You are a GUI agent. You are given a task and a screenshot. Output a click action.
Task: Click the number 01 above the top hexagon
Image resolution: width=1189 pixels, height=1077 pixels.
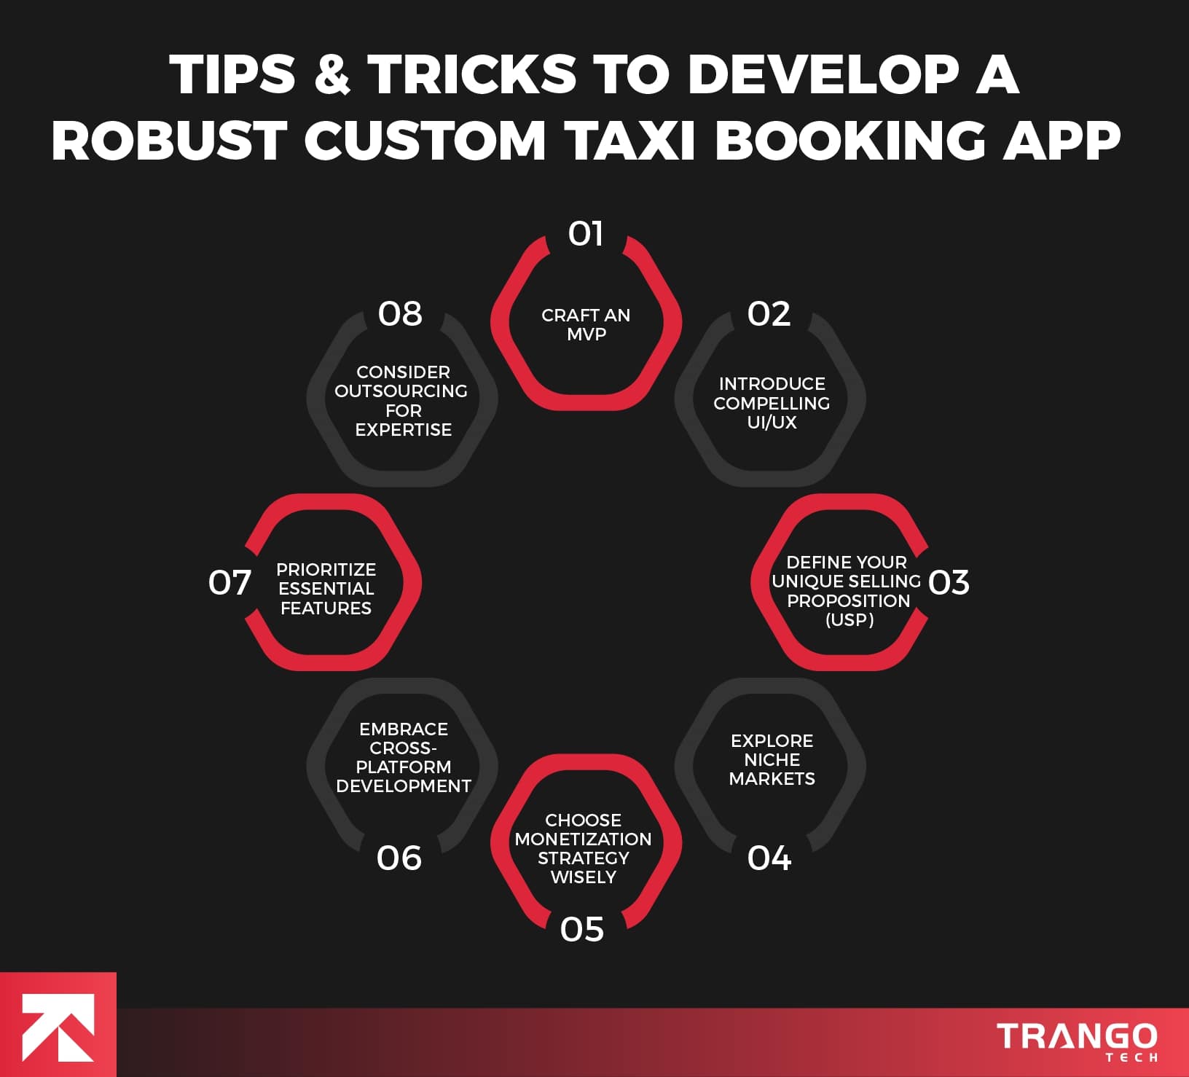pyautogui.click(x=586, y=235)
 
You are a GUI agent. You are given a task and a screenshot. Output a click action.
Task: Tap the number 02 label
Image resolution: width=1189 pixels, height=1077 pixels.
pyautogui.click(x=769, y=314)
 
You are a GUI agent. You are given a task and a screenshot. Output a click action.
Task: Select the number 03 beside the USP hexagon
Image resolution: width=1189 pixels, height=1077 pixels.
pyautogui.click(x=949, y=583)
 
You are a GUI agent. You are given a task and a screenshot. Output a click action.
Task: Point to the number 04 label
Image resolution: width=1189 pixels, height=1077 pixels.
pyautogui.click(x=769, y=858)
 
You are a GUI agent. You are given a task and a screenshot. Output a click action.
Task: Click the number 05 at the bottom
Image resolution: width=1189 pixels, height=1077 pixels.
pyautogui.click(x=582, y=930)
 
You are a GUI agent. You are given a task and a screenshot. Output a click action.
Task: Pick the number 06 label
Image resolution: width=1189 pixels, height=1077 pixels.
pyautogui.click(x=399, y=858)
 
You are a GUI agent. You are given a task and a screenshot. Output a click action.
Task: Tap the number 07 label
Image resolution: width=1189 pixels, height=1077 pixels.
pyautogui.click(x=229, y=583)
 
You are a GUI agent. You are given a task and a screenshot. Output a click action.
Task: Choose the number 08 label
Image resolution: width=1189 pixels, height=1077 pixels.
pyautogui.click(x=400, y=314)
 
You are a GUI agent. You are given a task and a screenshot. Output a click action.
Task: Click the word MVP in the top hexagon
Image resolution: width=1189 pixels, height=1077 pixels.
pyautogui.click(x=586, y=334)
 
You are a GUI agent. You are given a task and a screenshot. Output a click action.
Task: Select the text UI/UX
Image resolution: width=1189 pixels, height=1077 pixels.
pyautogui.click(x=772, y=423)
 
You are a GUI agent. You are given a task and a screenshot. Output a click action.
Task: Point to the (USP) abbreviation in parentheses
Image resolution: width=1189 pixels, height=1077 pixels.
pyautogui.click(x=849, y=620)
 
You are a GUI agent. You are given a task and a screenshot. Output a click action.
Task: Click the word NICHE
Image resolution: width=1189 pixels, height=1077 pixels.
pyautogui.click(x=772, y=759)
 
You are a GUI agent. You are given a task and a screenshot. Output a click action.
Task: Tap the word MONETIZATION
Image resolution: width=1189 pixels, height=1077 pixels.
pyautogui.click(x=583, y=839)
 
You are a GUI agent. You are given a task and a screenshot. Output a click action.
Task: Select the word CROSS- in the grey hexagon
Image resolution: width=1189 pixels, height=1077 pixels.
pyautogui.click(x=403, y=748)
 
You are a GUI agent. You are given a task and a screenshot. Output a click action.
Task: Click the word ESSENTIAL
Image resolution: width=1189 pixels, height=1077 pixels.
pyautogui.click(x=326, y=589)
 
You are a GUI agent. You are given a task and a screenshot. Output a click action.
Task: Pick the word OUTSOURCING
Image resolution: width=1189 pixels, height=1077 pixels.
pyautogui.click(x=401, y=391)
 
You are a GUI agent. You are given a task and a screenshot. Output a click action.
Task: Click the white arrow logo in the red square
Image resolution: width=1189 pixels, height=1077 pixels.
pyautogui.click(x=58, y=1027)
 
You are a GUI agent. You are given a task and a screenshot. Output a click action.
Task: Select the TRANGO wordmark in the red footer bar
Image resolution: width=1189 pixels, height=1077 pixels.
pyautogui.click(x=1076, y=1036)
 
